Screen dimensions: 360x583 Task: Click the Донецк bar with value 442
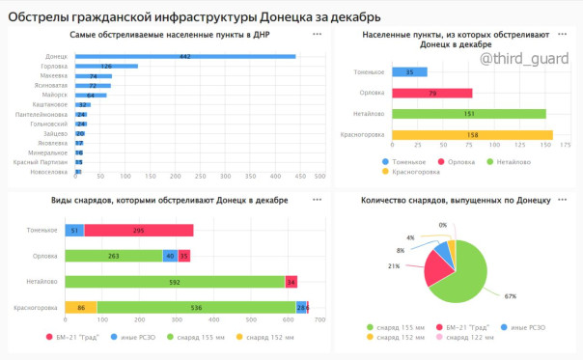pos(183,56)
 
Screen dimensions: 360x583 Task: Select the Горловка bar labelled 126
pos(105,66)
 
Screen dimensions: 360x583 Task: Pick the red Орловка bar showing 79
pos(432,93)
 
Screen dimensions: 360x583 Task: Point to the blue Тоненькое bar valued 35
pos(409,72)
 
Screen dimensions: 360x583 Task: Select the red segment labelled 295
pos(138,231)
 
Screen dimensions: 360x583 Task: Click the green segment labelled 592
pos(174,282)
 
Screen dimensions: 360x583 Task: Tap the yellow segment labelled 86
pos(80,307)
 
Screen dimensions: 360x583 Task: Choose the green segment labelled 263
pos(113,256)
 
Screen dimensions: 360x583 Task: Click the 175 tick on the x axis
pos(566,146)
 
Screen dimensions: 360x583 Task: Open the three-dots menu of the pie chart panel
pos(565,199)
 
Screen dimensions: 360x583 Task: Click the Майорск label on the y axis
pos(56,96)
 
